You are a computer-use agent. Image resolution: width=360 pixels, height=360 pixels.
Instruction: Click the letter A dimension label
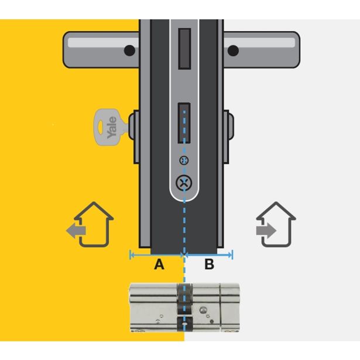pyautogui.click(x=159, y=264)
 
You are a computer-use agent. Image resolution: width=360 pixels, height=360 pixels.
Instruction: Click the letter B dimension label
pyautogui.click(x=209, y=264)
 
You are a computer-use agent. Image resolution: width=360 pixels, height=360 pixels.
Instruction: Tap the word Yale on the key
pyautogui.click(x=112, y=128)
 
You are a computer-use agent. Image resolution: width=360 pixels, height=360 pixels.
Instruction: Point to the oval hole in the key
pyautogui.click(x=101, y=127)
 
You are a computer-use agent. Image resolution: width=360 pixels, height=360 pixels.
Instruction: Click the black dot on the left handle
pyautogui.click(x=129, y=50)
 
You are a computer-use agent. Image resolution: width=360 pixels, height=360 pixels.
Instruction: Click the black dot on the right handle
pyautogui.click(x=233, y=50)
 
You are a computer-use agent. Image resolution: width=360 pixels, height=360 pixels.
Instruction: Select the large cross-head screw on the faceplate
pyautogui.click(x=184, y=183)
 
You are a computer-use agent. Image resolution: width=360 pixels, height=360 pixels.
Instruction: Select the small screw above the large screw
pyautogui.click(x=184, y=160)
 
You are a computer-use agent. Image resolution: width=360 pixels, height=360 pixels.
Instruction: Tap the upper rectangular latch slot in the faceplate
pyautogui.click(x=184, y=49)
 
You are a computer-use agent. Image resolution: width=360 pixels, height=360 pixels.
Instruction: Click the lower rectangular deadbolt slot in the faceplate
pyautogui.click(x=184, y=123)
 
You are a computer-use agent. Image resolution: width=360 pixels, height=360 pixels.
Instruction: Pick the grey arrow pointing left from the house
pyautogui.click(x=76, y=231)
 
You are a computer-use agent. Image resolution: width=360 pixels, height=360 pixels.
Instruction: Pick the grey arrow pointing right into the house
pyautogui.click(x=266, y=231)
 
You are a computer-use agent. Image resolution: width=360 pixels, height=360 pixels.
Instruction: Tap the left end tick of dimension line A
pyautogui.click(x=131, y=255)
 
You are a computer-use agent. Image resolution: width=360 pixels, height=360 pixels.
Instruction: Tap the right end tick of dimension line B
pyautogui.click(x=232, y=255)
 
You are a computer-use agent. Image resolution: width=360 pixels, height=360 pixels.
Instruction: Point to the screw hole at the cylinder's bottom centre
pyautogui.click(x=184, y=324)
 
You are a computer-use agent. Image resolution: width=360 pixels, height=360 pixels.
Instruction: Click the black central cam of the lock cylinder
pyautogui.click(x=184, y=307)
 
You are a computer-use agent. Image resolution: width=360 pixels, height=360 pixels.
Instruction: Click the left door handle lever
pyautogui.click(x=101, y=50)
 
